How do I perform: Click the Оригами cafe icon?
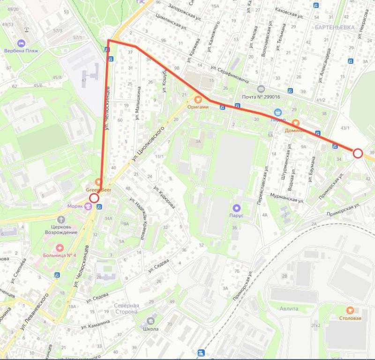(x=197, y=99)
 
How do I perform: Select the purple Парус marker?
(x=237, y=208)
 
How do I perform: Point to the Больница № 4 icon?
(x=60, y=247)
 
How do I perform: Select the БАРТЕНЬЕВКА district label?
(x=335, y=28)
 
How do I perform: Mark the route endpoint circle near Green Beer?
(x=94, y=198)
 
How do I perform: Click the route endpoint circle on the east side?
(x=358, y=153)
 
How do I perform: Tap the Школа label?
(x=151, y=329)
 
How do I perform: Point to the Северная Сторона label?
(x=126, y=308)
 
